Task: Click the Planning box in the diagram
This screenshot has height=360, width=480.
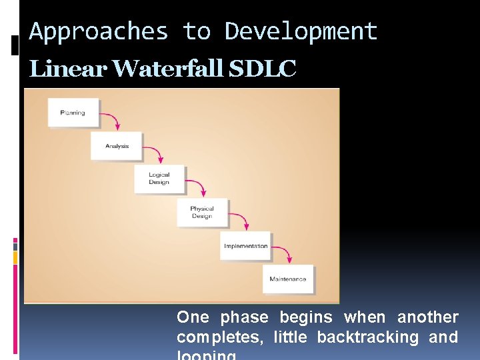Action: (x=73, y=113)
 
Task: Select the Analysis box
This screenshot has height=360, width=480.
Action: (x=116, y=146)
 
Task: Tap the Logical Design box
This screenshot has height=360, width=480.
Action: (x=159, y=179)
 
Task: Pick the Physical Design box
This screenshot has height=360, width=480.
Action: (x=202, y=212)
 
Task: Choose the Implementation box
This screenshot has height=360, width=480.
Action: (x=245, y=246)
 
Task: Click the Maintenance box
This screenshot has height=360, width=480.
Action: (x=288, y=279)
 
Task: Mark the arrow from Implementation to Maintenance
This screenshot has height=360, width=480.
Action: (x=285, y=253)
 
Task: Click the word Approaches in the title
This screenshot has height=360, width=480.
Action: (x=99, y=31)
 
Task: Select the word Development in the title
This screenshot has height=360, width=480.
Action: (x=301, y=31)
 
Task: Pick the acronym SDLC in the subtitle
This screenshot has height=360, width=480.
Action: (x=262, y=69)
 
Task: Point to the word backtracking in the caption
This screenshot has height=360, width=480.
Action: (x=367, y=337)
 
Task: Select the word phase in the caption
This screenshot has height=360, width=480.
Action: (x=244, y=317)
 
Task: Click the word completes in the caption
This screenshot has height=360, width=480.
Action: (x=221, y=337)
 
